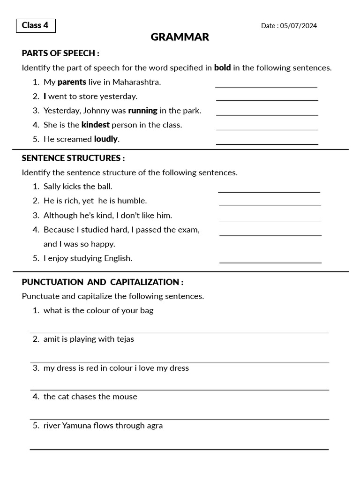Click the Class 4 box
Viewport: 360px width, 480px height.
(35, 25)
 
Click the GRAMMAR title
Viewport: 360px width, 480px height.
(180, 37)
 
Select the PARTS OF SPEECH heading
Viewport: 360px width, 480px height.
(60, 53)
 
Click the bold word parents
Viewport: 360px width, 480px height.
(72, 82)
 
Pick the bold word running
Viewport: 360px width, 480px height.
(142, 111)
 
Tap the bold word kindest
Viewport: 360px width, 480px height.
(95, 125)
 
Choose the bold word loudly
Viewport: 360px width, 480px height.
(106, 139)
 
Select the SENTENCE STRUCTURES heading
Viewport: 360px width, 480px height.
(73, 158)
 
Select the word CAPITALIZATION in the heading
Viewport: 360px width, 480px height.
(144, 282)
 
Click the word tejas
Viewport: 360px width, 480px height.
(125, 339)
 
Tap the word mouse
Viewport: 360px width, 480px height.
(125, 397)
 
